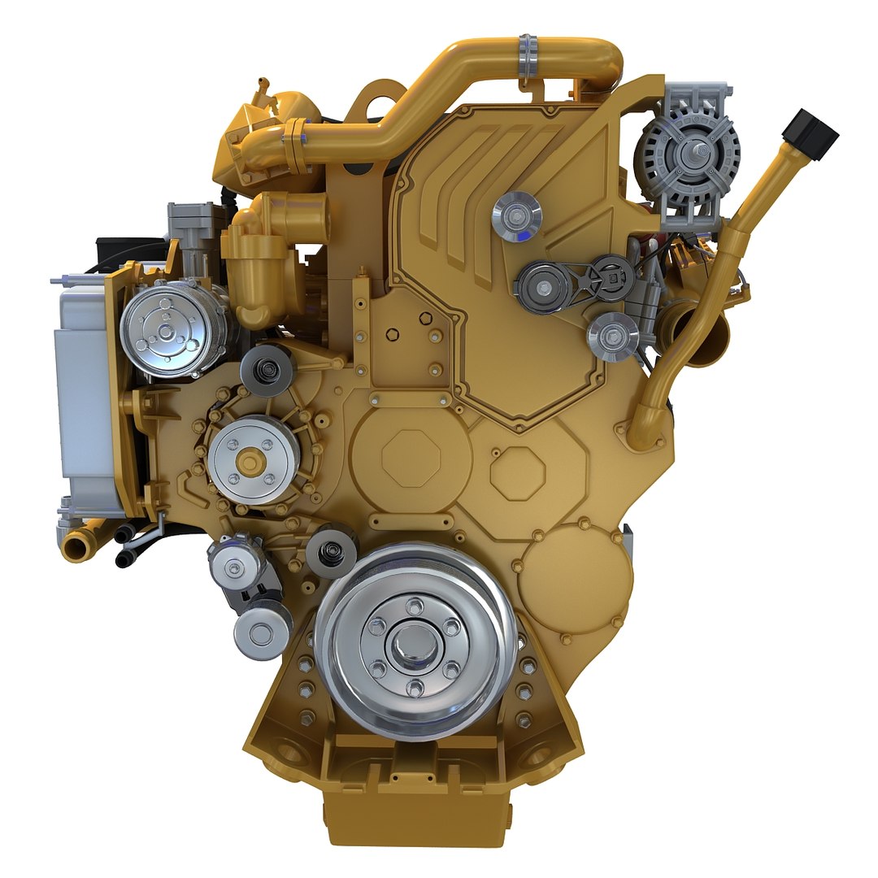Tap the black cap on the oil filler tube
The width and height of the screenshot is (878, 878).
[809, 133]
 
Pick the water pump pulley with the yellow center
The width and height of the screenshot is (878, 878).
[253, 460]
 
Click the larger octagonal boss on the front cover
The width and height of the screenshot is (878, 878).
[411, 459]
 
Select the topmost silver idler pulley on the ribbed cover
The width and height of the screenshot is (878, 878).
[516, 215]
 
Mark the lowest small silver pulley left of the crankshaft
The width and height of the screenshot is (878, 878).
[261, 633]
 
